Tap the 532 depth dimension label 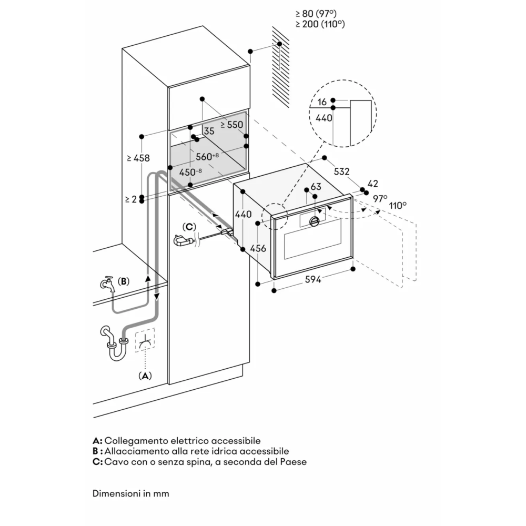[x=342, y=172]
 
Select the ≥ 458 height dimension [x=138, y=158]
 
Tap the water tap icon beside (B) [x=107, y=285]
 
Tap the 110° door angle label [x=398, y=205]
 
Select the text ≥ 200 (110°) [x=320, y=24]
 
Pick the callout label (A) [x=145, y=376]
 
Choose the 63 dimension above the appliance [x=316, y=187]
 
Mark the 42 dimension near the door [x=372, y=184]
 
